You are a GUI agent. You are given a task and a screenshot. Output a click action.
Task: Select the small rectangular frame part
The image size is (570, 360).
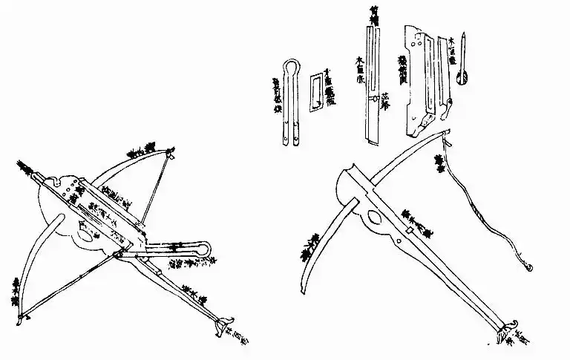[x=316, y=91]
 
